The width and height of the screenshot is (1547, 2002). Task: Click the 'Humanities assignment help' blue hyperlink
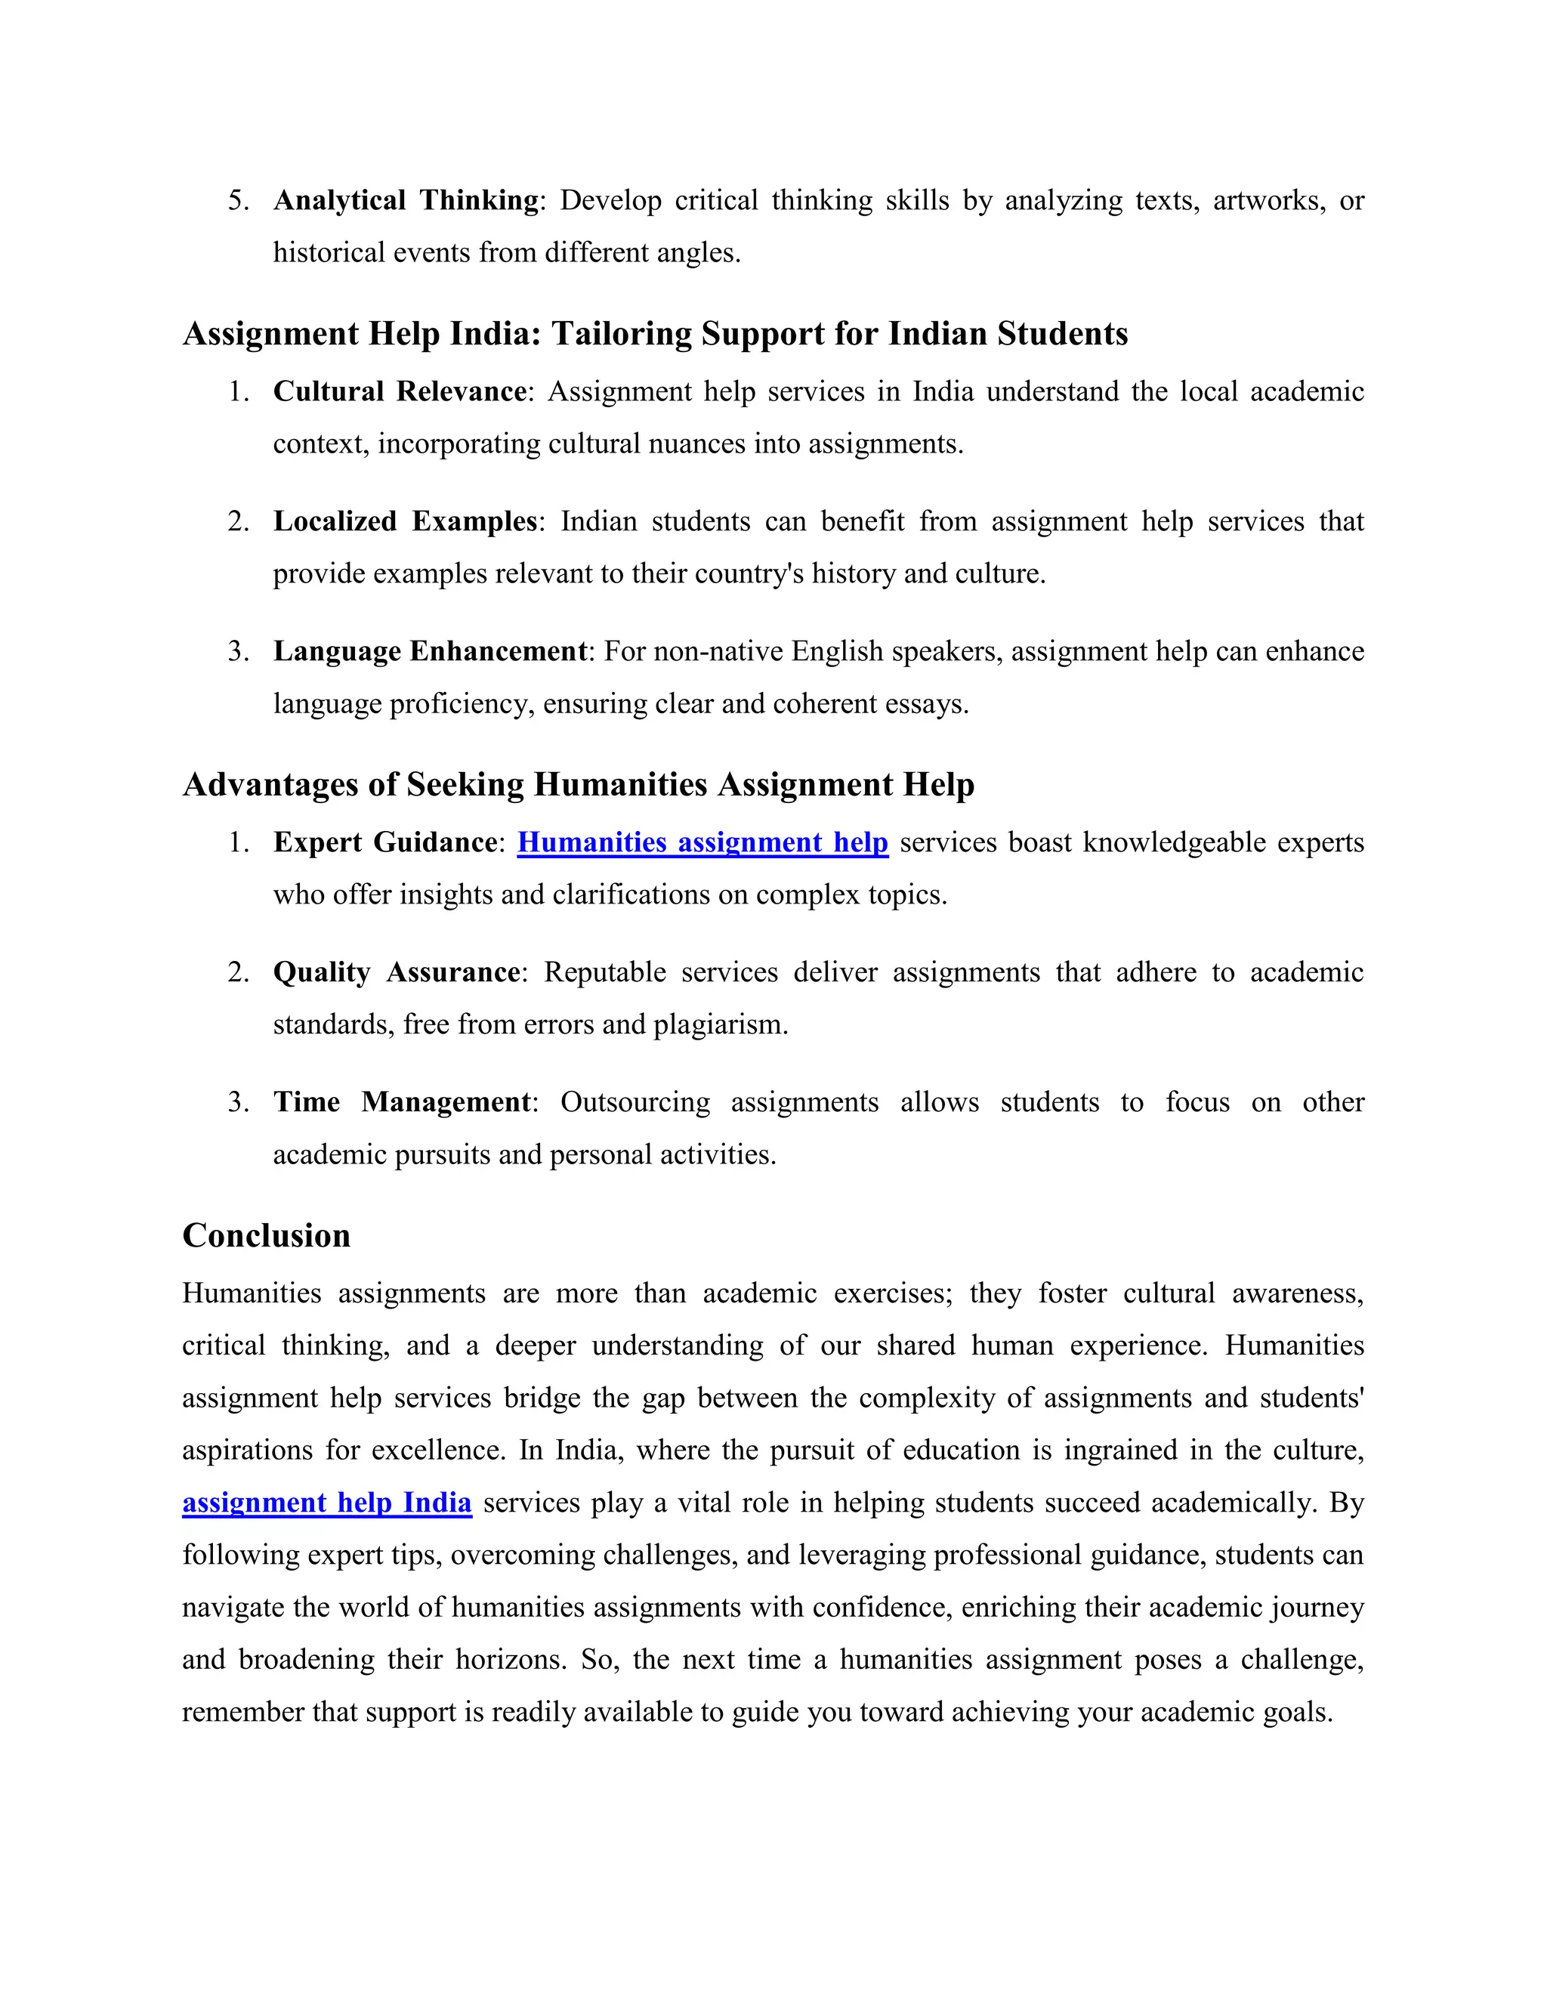coord(702,842)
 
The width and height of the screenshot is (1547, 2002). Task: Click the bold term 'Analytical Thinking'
coord(406,200)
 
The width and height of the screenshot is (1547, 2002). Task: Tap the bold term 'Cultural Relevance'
coord(400,391)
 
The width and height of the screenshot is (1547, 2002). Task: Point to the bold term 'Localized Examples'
coord(405,521)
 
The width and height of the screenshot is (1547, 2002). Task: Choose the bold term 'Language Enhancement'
coord(430,650)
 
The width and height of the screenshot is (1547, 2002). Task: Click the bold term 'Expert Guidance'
coord(385,842)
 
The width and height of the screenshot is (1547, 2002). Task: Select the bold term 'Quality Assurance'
coord(397,972)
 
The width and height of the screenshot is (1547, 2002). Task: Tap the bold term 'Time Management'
coord(401,1101)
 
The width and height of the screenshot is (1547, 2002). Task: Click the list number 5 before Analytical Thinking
coord(237,200)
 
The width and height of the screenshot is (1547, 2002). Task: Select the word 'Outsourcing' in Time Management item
coord(635,1101)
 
